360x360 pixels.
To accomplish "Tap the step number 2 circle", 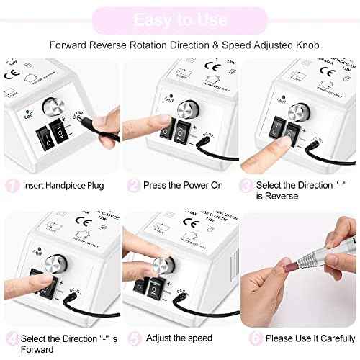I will (133, 185).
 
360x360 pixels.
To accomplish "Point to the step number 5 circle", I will (133, 338).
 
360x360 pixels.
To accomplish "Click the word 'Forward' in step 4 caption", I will (41, 348).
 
